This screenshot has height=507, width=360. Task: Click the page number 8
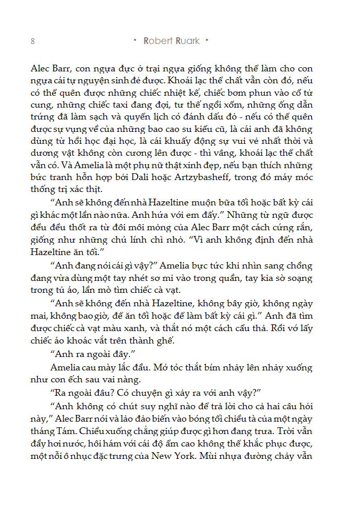(x=33, y=41)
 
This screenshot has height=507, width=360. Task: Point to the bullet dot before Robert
(x=135, y=40)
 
